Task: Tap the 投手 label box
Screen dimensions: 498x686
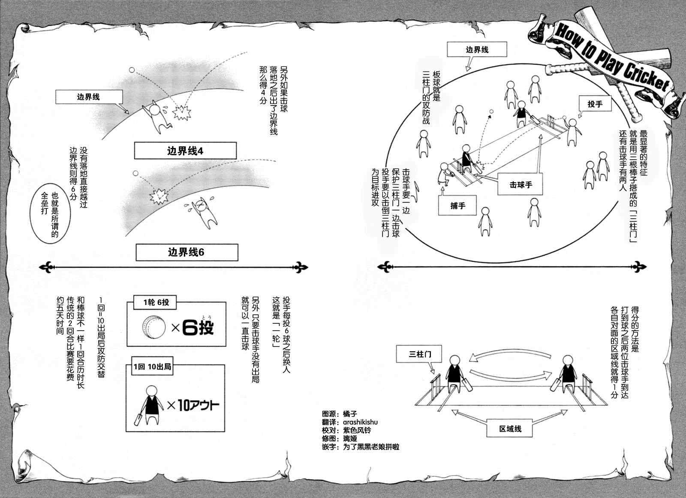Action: click(595, 104)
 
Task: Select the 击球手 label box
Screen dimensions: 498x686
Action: click(521, 185)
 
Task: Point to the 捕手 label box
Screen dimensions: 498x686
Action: click(458, 206)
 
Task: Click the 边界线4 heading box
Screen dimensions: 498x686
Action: click(185, 151)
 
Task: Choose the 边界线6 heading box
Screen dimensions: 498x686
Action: click(187, 252)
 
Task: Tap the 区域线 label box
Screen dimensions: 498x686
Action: click(511, 429)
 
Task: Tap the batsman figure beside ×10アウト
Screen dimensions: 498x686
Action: click(151, 404)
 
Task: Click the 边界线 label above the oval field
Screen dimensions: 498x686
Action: click(477, 50)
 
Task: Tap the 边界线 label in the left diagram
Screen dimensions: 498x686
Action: click(88, 97)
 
